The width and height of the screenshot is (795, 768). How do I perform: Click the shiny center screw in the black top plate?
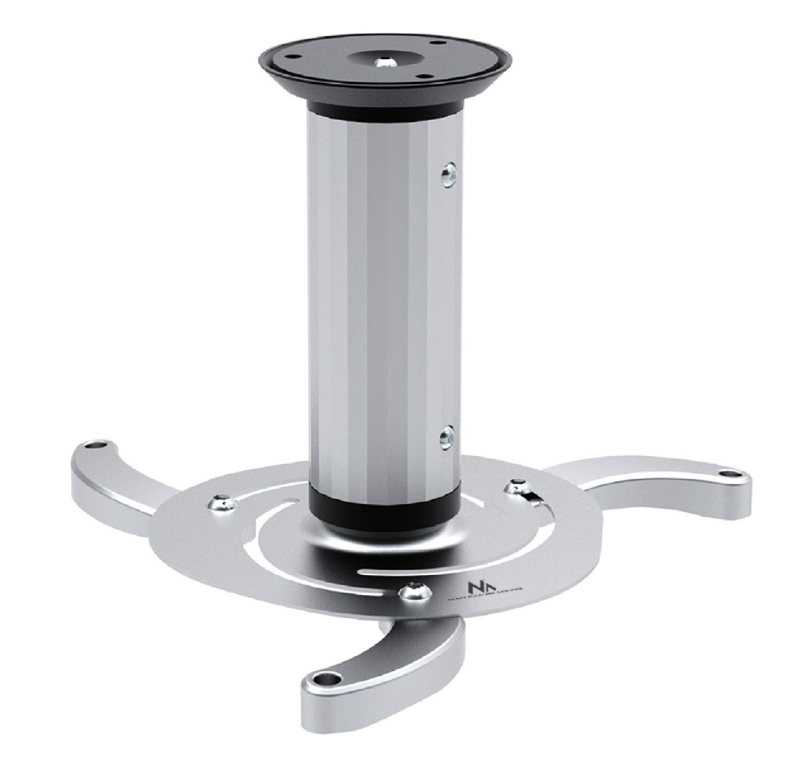(386, 62)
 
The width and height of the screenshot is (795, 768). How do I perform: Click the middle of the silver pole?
(385, 304)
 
